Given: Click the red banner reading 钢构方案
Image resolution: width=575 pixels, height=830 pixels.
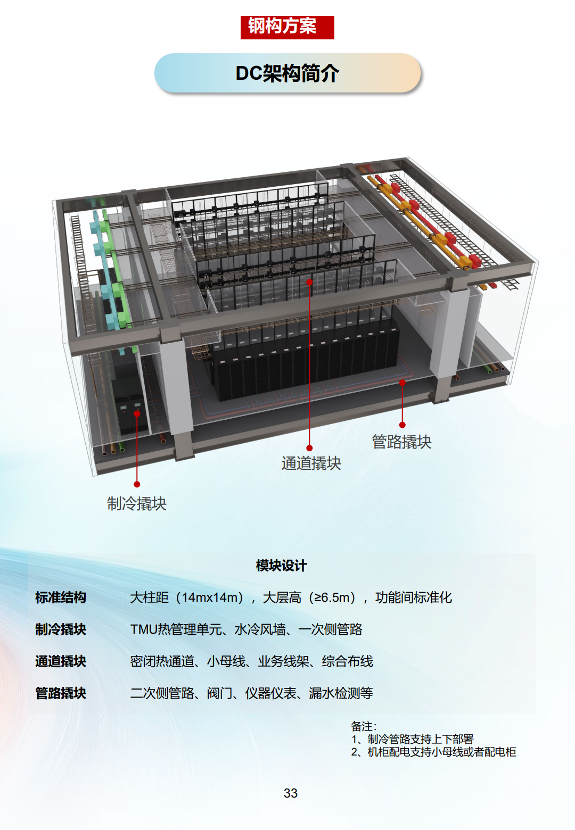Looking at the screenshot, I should point(287,27).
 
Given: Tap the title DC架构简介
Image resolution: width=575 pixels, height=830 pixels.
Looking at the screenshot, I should point(287,73).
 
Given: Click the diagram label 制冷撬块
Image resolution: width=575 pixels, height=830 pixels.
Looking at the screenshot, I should point(137,503).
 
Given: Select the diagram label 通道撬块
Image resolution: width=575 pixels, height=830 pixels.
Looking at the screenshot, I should point(311,463).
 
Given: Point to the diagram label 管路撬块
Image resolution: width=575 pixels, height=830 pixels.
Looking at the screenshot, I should point(401,442).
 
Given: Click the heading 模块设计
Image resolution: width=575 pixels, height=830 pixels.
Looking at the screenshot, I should point(282,566).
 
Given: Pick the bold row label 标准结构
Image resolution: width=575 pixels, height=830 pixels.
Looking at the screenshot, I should point(61,597).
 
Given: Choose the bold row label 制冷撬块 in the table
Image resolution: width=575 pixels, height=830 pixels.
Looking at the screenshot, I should point(61,629).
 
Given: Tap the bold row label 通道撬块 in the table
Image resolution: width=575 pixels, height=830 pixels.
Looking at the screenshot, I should point(61,661).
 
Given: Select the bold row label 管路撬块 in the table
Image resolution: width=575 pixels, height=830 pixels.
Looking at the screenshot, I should point(61,693).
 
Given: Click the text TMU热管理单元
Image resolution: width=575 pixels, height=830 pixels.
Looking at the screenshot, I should point(176,629).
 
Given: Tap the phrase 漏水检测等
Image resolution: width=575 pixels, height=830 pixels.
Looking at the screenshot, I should point(341,693).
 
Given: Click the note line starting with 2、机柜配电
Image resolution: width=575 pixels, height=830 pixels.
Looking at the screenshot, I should point(433,752).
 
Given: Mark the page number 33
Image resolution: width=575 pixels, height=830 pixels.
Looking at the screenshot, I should point(291,793).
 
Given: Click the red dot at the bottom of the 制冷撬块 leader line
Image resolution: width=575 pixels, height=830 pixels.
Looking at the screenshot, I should point(137,484).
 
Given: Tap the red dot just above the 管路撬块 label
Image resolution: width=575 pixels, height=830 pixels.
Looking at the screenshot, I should point(402,425).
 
